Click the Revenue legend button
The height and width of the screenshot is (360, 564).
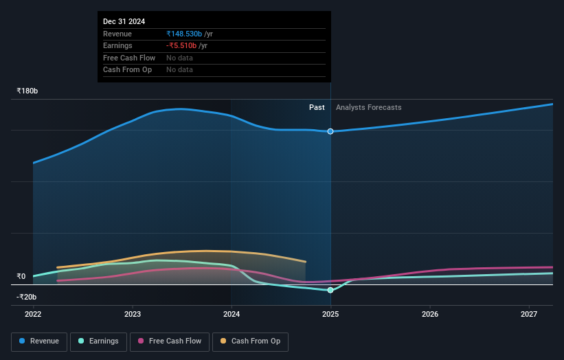pyautogui.click(x=39, y=341)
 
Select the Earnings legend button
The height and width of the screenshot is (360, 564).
pyautogui.click(x=98, y=341)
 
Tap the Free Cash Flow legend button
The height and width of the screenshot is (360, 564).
pyautogui.click(x=170, y=341)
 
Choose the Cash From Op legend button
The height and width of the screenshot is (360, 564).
pyautogui.click(x=251, y=341)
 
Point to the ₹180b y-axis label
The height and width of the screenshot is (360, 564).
pyautogui.click(x=27, y=91)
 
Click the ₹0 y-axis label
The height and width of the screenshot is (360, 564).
pyautogui.click(x=21, y=276)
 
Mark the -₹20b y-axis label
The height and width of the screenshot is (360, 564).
pyautogui.click(x=27, y=297)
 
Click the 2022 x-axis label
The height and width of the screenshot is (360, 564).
pyautogui.click(x=33, y=314)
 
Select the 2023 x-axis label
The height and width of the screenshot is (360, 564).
pyautogui.click(x=133, y=314)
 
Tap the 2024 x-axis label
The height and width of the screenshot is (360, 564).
pyautogui.click(x=232, y=314)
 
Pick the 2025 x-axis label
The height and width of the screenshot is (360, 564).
pyautogui.click(x=330, y=314)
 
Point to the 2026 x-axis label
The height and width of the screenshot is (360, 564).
pyautogui.click(x=430, y=314)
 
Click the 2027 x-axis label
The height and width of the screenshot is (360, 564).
pyautogui.click(x=529, y=314)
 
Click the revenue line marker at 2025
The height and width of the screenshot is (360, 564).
pyautogui.click(x=330, y=131)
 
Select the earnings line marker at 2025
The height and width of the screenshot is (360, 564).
pyautogui.click(x=330, y=290)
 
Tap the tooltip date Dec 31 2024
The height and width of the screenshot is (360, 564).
pyautogui.click(x=124, y=22)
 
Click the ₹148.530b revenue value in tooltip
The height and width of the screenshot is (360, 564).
pyautogui.click(x=184, y=34)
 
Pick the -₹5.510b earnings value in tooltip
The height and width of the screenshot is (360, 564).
pyautogui.click(x=181, y=45)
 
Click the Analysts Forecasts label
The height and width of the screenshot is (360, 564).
pyautogui.click(x=368, y=107)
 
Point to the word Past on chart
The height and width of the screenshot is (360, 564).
pyautogui.click(x=317, y=107)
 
